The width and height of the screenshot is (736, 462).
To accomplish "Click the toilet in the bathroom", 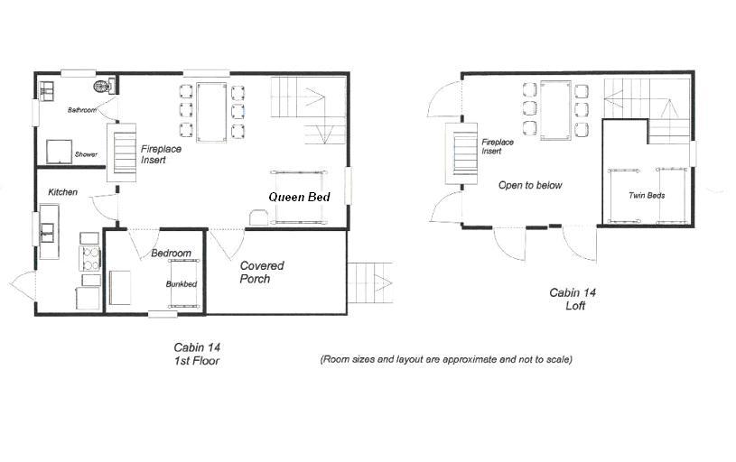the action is pos(103,87).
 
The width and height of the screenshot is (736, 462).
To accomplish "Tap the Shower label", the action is pos(86,154).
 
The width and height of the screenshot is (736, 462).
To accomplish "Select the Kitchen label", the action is pos(63,192).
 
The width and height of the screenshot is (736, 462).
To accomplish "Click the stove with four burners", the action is pos(90,258).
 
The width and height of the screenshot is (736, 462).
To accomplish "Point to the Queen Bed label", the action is pos(300,197).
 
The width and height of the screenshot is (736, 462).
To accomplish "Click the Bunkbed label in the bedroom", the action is pos(182,284).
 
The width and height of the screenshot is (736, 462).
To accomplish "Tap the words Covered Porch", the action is pos(262,272).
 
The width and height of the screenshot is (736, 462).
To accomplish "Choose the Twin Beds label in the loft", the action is pos(647,195).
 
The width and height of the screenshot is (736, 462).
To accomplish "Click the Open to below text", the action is pos(530,185).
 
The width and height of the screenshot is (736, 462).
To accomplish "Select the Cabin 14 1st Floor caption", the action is pos(197,354).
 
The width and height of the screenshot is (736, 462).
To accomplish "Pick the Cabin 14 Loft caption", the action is pos(573,300).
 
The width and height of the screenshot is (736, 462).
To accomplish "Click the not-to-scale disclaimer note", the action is pos(446,360).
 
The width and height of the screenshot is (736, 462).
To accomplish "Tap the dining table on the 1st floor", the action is pos(211,112).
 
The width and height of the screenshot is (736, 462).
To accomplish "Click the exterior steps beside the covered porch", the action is pos(369,282).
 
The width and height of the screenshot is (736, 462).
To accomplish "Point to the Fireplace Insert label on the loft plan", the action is pos(498,146).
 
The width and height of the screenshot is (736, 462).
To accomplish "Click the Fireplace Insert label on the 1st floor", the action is pos(161,154).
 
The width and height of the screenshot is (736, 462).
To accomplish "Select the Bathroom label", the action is pos(81,110).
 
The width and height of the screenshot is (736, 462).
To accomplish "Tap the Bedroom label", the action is pos(172,254).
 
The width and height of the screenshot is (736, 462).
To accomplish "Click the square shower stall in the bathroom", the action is pos(59,152).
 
